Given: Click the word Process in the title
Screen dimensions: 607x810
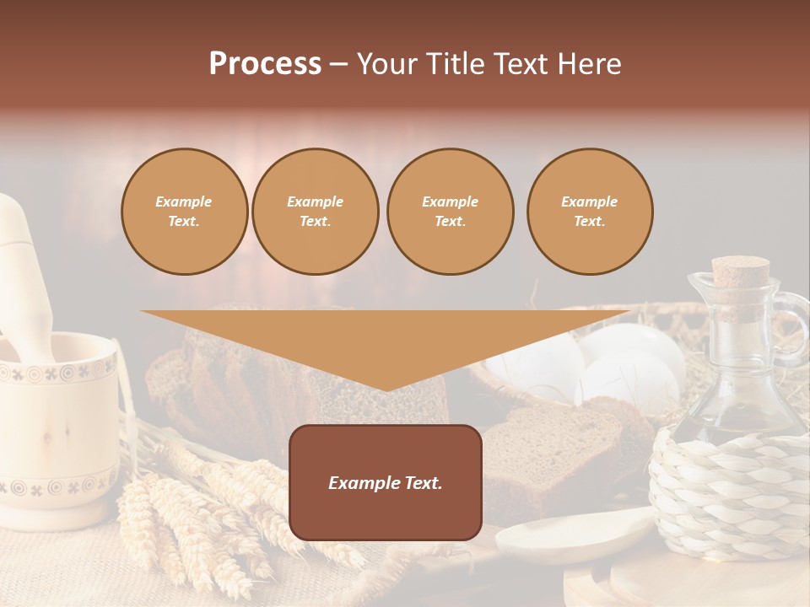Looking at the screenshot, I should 265,64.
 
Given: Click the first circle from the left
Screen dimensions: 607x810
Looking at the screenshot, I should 184,212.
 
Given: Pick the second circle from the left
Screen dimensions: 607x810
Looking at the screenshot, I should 315,212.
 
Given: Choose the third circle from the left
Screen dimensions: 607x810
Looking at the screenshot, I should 450,212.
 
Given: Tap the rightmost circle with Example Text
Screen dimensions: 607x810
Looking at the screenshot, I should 589,212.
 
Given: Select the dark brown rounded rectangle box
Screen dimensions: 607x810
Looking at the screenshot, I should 386,482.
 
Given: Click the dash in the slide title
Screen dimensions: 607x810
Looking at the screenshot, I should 338,65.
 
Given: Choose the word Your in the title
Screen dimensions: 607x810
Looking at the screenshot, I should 386,64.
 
